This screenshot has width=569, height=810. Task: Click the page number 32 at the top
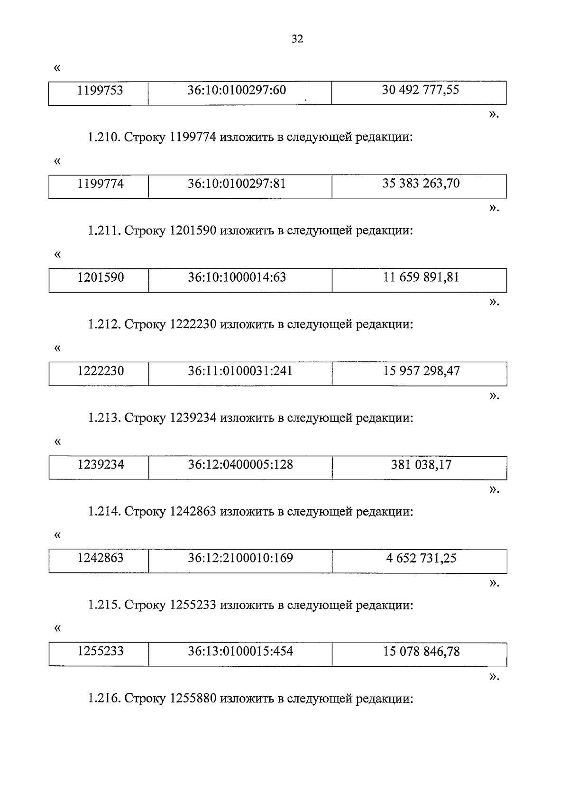pos(297,39)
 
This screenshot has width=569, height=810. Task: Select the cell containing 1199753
pos(100,90)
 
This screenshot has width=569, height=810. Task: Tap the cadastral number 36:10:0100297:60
pos(237,90)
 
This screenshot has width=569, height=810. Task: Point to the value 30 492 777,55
pos(421,90)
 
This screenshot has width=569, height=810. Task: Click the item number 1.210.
pos(104,138)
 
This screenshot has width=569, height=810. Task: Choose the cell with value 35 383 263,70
pos(421,184)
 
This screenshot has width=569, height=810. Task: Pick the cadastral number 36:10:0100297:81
pos(237,184)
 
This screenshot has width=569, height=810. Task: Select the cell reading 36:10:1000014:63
pos(237,277)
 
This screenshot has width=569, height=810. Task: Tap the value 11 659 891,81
pos(421,277)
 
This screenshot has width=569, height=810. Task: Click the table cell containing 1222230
pos(101,371)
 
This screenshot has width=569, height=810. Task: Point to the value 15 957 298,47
pos(422,371)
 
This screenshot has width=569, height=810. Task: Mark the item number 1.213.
pos(104,418)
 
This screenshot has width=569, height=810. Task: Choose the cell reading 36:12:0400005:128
pos(240,465)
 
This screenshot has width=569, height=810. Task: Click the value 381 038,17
pos(421,465)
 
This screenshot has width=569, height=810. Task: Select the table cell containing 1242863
pos(101,558)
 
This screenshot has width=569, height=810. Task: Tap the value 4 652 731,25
pos(421,558)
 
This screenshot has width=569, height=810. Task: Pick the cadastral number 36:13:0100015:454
pos(240,652)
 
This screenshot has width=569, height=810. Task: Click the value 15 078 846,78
pos(422,652)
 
